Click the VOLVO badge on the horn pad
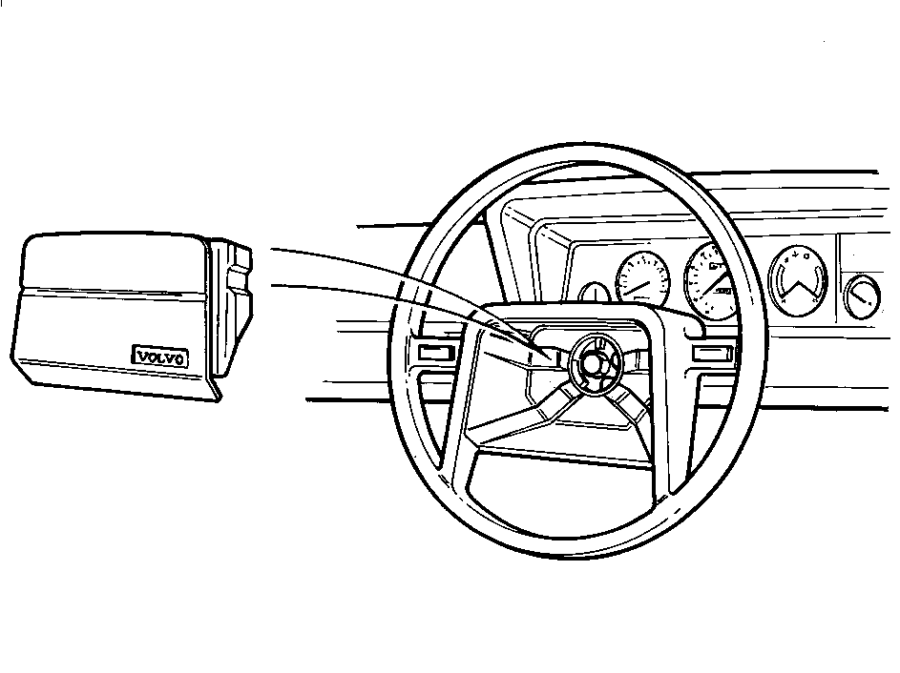pos(160,357)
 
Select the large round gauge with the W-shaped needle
pos(798,281)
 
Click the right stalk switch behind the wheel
pos(712,353)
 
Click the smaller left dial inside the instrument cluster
pos(643,279)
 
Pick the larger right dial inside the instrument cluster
pos(711,281)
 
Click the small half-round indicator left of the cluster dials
pos(594,293)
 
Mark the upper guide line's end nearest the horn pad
pos(271,249)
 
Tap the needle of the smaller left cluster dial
pos(638,287)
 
